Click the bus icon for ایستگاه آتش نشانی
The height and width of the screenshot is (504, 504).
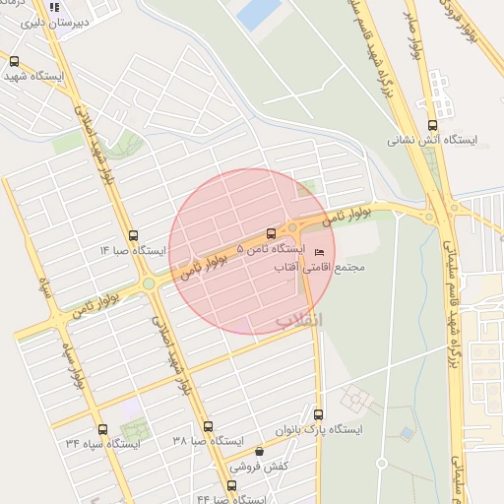(432, 125)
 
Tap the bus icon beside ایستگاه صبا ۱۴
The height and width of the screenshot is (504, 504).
(134, 235)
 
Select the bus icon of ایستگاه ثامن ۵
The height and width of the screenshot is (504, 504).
(271, 234)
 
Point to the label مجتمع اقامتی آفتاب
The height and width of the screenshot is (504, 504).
(336, 268)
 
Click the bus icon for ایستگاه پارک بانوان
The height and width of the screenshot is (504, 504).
(318, 413)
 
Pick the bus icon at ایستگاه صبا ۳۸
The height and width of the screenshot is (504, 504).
(208, 427)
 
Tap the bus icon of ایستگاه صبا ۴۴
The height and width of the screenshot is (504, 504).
(233, 484)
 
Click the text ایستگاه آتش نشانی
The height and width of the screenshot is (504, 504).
(432, 141)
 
